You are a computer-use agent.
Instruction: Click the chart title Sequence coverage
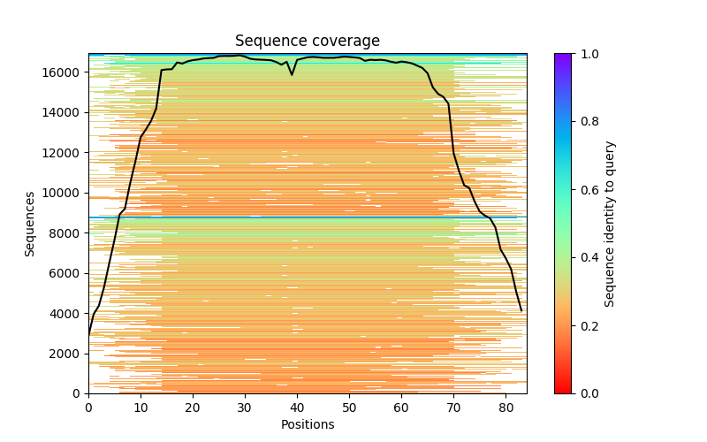click(x=307, y=42)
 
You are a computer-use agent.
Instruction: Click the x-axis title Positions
click(x=307, y=424)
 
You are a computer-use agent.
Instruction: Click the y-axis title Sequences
click(x=30, y=224)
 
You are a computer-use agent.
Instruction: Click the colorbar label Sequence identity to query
click(x=610, y=224)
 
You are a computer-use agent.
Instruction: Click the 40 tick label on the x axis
click(x=297, y=408)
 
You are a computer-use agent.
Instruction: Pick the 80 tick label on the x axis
click(x=506, y=408)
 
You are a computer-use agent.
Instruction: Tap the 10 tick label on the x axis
click(x=141, y=408)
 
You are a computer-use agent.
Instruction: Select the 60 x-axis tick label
click(x=401, y=408)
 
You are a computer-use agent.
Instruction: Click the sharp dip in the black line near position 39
click(x=292, y=74)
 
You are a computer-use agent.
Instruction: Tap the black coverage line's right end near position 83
click(x=521, y=310)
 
